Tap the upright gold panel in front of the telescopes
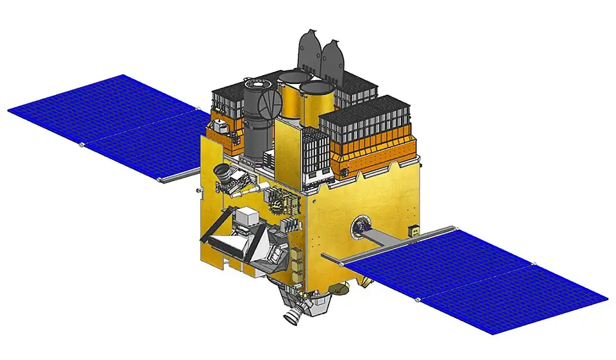coord(288,151)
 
